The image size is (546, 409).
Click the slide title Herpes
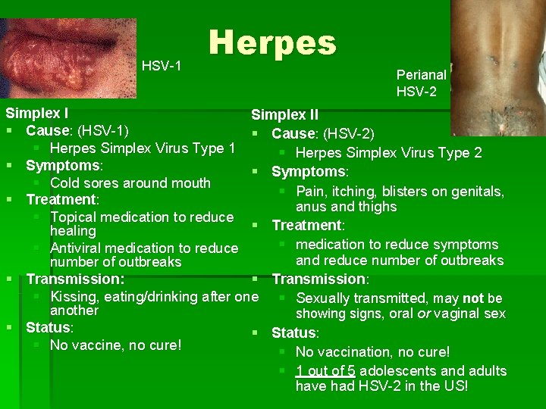click(x=272, y=43)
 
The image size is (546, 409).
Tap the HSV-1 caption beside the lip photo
click(x=162, y=66)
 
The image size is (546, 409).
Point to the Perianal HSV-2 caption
click(x=421, y=83)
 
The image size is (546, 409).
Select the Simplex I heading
click(x=37, y=114)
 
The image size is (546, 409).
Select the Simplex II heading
click(x=284, y=115)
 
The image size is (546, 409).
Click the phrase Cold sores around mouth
click(x=130, y=183)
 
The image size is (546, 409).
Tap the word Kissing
click(x=75, y=296)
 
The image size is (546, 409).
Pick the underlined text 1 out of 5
click(x=326, y=370)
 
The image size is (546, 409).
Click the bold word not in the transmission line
click(x=473, y=298)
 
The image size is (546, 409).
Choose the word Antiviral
click(x=79, y=248)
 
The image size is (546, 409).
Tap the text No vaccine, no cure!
click(x=115, y=345)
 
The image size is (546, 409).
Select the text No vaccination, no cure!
click(x=372, y=352)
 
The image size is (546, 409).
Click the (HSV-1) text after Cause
click(x=99, y=130)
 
